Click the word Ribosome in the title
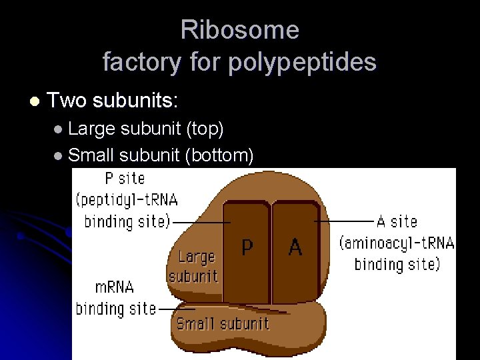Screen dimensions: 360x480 [239, 30]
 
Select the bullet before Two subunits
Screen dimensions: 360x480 [35, 101]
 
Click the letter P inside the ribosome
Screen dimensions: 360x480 [247, 247]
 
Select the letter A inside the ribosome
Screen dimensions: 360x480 [295, 247]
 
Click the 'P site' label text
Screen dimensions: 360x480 [125, 179]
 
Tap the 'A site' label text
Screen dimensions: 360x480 [397, 221]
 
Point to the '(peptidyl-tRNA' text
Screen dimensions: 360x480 [127, 200]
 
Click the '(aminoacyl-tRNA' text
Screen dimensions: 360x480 [397, 243]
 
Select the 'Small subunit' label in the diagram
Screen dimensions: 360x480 [223, 324]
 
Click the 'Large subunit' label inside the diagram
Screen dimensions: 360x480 [194, 266]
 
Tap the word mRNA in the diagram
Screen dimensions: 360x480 [114, 287]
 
